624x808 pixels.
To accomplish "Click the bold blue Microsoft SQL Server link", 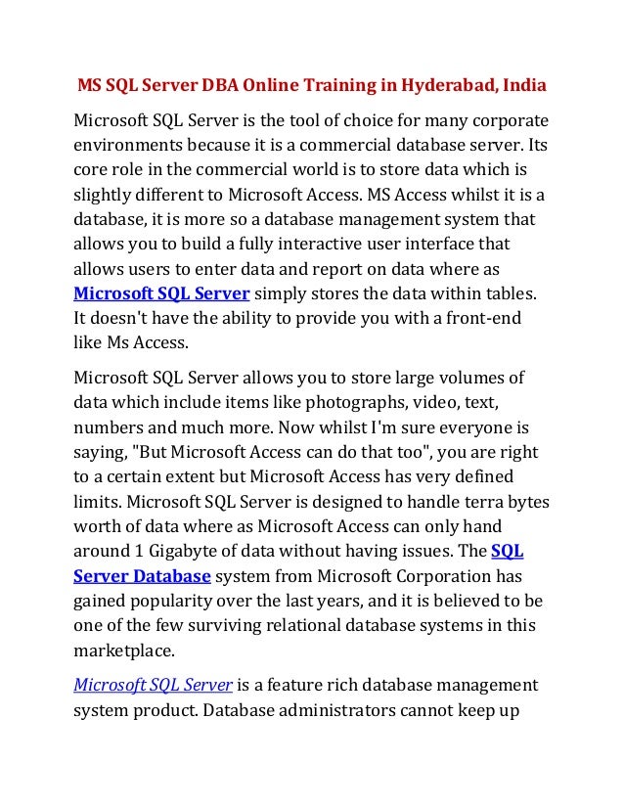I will pos(162,292).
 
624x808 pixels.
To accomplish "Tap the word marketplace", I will pos(125,650).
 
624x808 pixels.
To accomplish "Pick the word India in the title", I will pos(526,87).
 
